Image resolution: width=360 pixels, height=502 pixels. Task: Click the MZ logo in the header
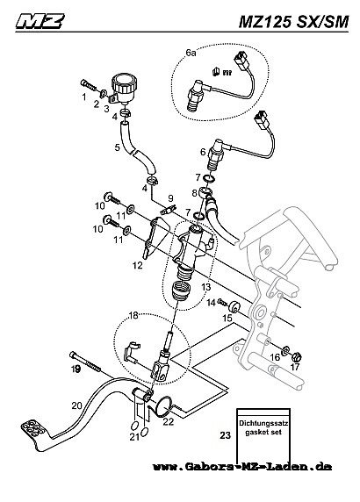[x=40, y=21]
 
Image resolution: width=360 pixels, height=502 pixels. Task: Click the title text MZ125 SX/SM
[x=293, y=22]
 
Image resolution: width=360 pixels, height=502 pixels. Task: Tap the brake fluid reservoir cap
[x=126, y=82]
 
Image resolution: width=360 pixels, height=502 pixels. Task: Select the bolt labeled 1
[x=88, y=85]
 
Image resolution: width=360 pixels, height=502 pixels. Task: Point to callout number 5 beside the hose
[x=118, y=147]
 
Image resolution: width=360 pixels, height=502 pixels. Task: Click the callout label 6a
[x=191, y=54]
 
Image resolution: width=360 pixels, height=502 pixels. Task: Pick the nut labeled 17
[x=296, y=355]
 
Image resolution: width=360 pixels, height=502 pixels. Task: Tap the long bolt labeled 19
[x=85, y=362]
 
